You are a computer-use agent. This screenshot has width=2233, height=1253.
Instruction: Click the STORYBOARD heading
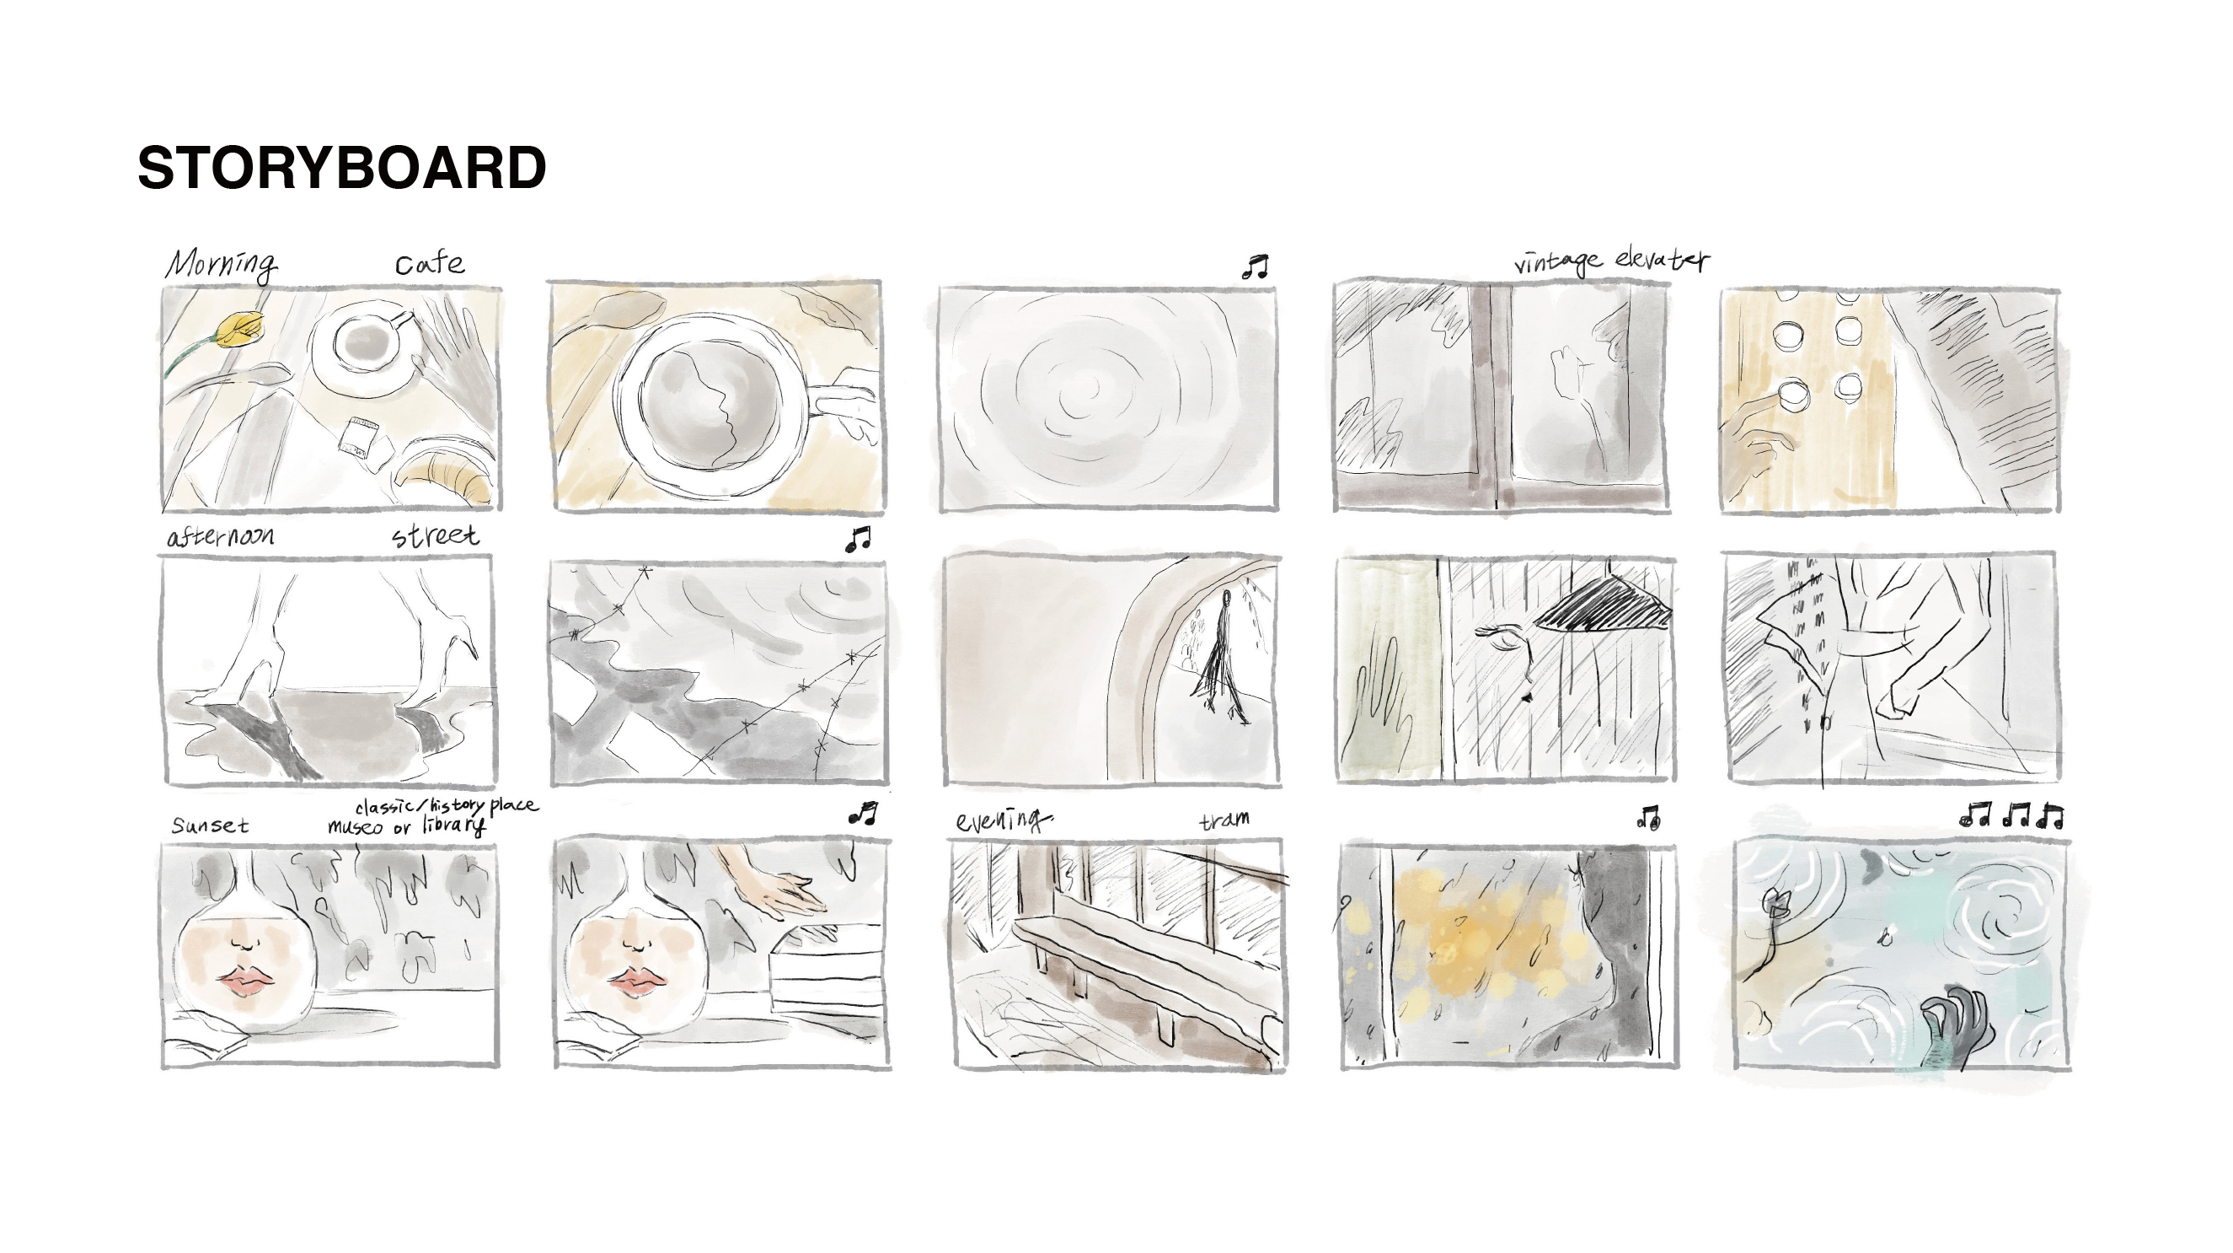pos(341,167)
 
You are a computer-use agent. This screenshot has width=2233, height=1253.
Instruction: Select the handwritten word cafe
pos(430,263)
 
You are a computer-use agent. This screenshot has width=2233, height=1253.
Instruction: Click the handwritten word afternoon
pos(221,537)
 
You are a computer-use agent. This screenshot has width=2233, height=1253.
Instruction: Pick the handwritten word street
pos(435,535)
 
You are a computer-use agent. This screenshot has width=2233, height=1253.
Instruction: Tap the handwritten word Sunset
pos(211,825)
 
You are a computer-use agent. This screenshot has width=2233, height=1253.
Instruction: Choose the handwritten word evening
pos(1004,820)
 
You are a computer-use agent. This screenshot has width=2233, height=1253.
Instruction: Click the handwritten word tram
pos(1225,820)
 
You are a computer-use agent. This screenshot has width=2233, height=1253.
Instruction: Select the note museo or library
pos(406,825)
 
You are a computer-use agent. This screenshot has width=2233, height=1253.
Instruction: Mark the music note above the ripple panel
pos(1256,267)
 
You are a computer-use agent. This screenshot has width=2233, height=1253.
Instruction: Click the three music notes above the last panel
pos(2011,816)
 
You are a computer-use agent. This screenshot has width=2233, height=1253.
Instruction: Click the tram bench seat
pos(1144,962)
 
